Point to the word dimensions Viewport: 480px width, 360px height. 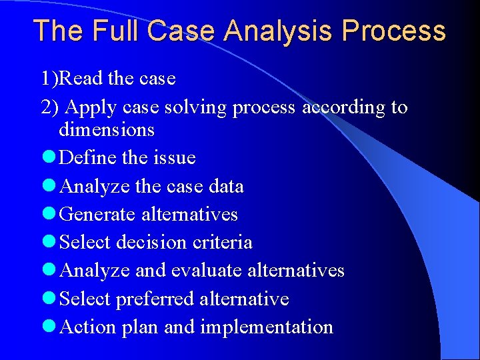click(x=107, y=129)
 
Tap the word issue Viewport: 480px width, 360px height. click(x=173, y=158)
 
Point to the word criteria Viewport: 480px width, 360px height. click(x=222, y=242)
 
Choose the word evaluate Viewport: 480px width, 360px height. click(x=207, y=270)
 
